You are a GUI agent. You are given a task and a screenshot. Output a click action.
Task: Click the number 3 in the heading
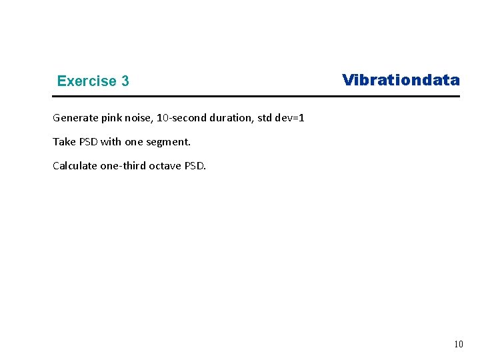[125, 81]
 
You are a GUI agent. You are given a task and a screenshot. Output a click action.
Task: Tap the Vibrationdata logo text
[401, 81]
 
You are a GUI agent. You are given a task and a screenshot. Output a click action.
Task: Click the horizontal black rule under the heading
[256, 97]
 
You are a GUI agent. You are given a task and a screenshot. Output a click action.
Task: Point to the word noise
[139, 118]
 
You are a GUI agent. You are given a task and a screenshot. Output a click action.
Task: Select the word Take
[63, 142]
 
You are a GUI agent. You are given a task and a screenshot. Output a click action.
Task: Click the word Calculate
[75, 166]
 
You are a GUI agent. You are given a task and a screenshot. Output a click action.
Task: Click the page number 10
[458, 345]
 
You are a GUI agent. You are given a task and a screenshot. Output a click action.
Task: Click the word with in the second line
[111, 142]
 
